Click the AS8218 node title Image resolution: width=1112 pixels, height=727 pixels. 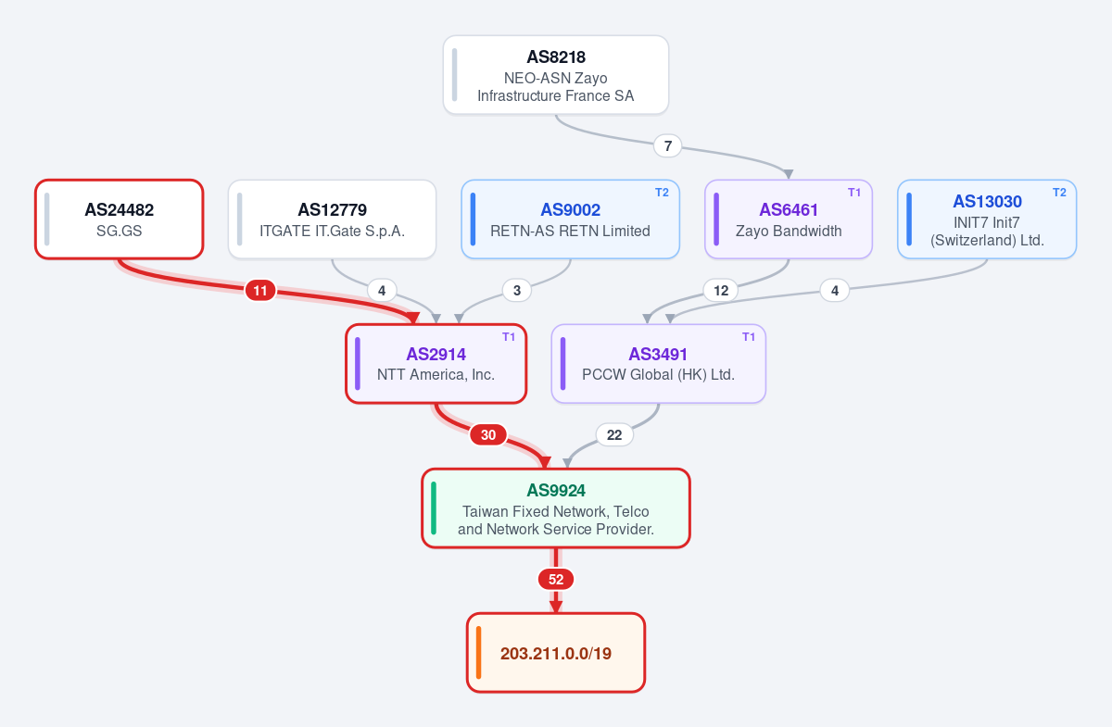point(556,57)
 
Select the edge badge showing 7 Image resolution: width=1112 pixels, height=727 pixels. point(668,146)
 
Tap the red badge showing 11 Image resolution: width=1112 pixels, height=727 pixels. point(260,290)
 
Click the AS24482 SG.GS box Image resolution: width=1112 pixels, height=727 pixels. point(120,219)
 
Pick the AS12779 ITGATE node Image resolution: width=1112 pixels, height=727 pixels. point(332,219)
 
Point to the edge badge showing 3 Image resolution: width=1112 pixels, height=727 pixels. point(517,290)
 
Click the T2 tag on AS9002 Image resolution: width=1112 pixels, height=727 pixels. point(662,193)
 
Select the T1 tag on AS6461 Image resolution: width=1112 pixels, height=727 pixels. point(854,193)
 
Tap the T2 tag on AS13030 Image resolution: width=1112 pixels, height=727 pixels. point(1059,193)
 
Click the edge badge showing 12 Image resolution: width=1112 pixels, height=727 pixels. point(721,290)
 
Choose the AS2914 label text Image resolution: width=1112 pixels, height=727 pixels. point(436,355)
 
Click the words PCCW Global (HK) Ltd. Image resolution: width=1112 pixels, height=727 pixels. point(658,374)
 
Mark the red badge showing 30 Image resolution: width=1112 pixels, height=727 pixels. point(488,434)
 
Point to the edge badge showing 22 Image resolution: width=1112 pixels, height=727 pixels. point(614,434)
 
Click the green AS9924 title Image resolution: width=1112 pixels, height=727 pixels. point(556,490)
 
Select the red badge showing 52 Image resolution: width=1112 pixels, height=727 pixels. point(556,579)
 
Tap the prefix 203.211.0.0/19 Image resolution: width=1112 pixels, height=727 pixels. point(556,654)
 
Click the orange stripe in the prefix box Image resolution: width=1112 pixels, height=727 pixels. point(478,653)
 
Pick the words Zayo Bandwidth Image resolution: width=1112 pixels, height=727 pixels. point(789,231)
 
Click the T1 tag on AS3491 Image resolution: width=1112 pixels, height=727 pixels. point(749,337)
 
